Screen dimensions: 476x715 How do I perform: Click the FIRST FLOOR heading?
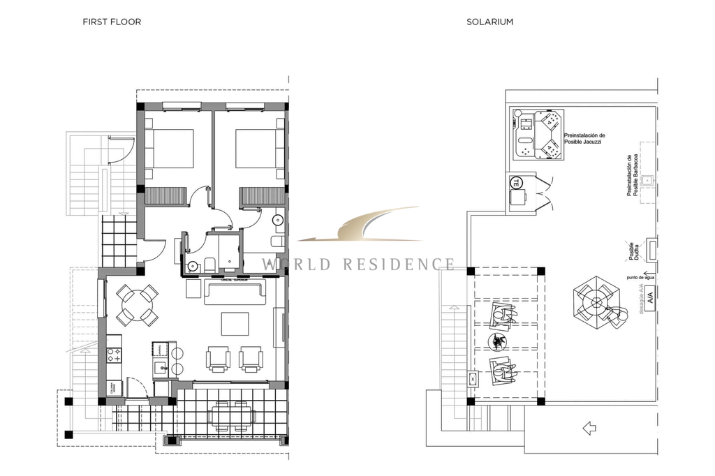pyautogui.click(x=112, y=22)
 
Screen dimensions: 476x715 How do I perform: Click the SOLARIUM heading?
pyautogui.click(x=489, y=22)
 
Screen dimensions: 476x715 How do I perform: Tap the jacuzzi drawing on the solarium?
pyautogui.click(x=536, y=134)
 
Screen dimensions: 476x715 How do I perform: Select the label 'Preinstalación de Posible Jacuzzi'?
pyautogui.click(x=584, y=139)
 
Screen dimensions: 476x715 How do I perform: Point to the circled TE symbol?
pyautogui.click(x=516, y=183)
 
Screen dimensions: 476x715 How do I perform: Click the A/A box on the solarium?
pyautogui.click(x=650, y=298)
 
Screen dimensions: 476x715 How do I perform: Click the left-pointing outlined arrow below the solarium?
pyautogui.click(x=589, y=428)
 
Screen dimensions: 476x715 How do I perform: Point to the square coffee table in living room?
pyautogui.click(x=235, y=324)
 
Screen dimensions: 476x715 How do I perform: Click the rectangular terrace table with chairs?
pyautogui.click(x=231, y=416)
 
